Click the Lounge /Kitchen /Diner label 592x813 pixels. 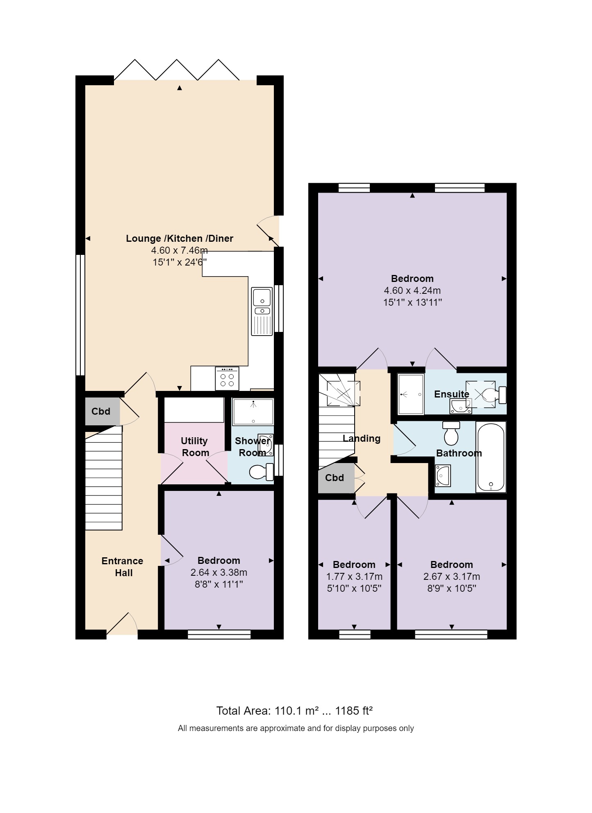(179, 238)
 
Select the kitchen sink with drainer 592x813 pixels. (262, 311)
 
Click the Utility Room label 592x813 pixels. (194, 447)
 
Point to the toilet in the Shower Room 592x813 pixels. (262, 472)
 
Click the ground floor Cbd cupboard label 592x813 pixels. (101, 411)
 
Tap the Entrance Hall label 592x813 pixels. (122, 567)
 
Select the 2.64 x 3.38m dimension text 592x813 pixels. (219, 572)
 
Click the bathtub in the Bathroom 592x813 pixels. (491, 457)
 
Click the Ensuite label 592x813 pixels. (451, 394)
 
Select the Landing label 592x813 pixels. (361, 438)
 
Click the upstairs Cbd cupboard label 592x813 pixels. (335, 478)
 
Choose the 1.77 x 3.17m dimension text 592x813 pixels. (354, 577)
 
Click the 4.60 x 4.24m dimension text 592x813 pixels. (412, 291)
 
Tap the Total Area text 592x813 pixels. (294, 711)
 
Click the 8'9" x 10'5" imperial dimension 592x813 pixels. (451, 588)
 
